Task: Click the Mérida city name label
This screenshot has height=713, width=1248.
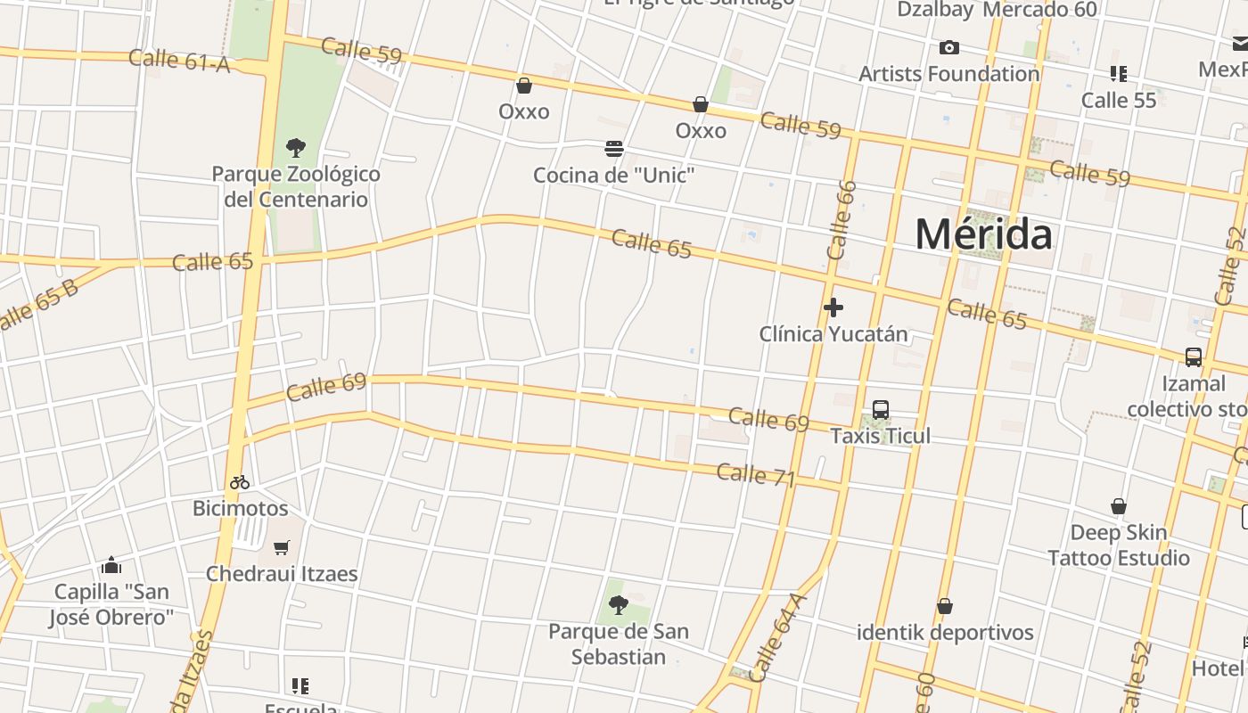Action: pyautogui.click(x=983, y=234)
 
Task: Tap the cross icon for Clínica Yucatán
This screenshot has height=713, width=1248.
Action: pyautogui.click(x=833, y=307)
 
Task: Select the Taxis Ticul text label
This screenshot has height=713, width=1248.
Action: pyautogui.click(x=880, y=436)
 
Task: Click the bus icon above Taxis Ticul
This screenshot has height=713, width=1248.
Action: pyautogui.click(x=881, y=410)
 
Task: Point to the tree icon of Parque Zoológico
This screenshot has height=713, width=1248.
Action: pyautogui.click(x=296, y=147)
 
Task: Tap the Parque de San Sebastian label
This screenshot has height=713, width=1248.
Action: pyautogui.click(x=618, y=643)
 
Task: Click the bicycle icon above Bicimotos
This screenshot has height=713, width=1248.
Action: pyautogui.click(x=240, y=482)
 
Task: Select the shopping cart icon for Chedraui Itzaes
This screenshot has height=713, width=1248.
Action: pyautogui.click(x=282, y=547)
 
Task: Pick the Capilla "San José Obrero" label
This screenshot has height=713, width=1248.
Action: pyautogui.click(x=111, y=604)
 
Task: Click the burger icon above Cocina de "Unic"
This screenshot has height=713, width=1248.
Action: pyautogui.click(x=613, y=148)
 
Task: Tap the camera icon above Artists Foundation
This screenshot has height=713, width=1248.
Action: pyautogui.click(x=949, y=47)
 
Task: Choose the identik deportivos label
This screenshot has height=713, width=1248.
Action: pyautogui.click(x=945, y=633)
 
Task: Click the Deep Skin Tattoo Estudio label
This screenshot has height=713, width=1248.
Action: pyautogui.click(x=1118, y=545)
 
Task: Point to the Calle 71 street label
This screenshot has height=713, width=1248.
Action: pyautogui.click(x=755, y=475)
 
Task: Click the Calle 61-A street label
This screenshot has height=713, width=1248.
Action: pyautogui.click(x=179, y=61)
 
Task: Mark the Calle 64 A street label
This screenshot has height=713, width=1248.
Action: pyautogui.click(x=776, y=638)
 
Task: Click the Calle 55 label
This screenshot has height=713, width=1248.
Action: pyautogui.click(x=1118, y=100)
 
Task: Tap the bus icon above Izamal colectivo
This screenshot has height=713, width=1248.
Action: pyautogui.click(x=1194, y=356)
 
